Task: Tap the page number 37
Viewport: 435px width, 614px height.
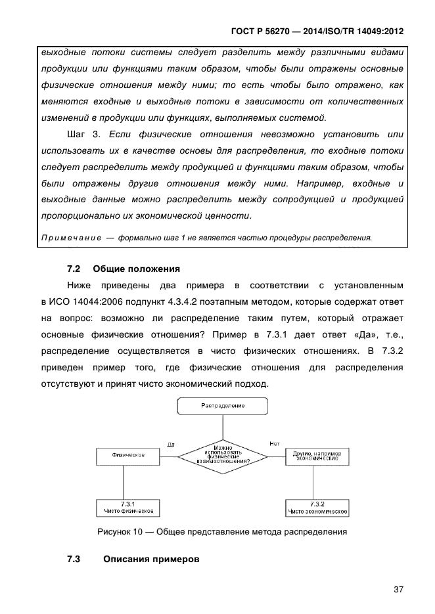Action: pyautogui.click(x=398, y=589)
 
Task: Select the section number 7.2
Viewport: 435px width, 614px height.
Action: pyautogui.click(x=74, y=269)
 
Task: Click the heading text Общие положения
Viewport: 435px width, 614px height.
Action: pyautogui.click(x=136, y=269)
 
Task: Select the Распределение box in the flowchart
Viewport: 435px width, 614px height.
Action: pyautogui.click(x=223, y=406)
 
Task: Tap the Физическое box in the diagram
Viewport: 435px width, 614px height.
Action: pyautogui.click(x=129, y=454)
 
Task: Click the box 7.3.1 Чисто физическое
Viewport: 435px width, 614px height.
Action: pyautogui.click(x=129, y=506)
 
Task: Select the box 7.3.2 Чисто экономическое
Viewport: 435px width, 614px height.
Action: pyautogui.click(x=317, y=507)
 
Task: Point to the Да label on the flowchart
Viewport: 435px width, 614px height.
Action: pyautogui.click(x=171, y=445)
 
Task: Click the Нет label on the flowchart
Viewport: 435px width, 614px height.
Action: pyautogui.click(x=275, y=444)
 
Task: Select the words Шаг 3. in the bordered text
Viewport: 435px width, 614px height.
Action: pyautogui.click(x=83, y=135)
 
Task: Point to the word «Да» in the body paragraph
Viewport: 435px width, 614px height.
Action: pyautogui.click(x=361, y=334)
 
